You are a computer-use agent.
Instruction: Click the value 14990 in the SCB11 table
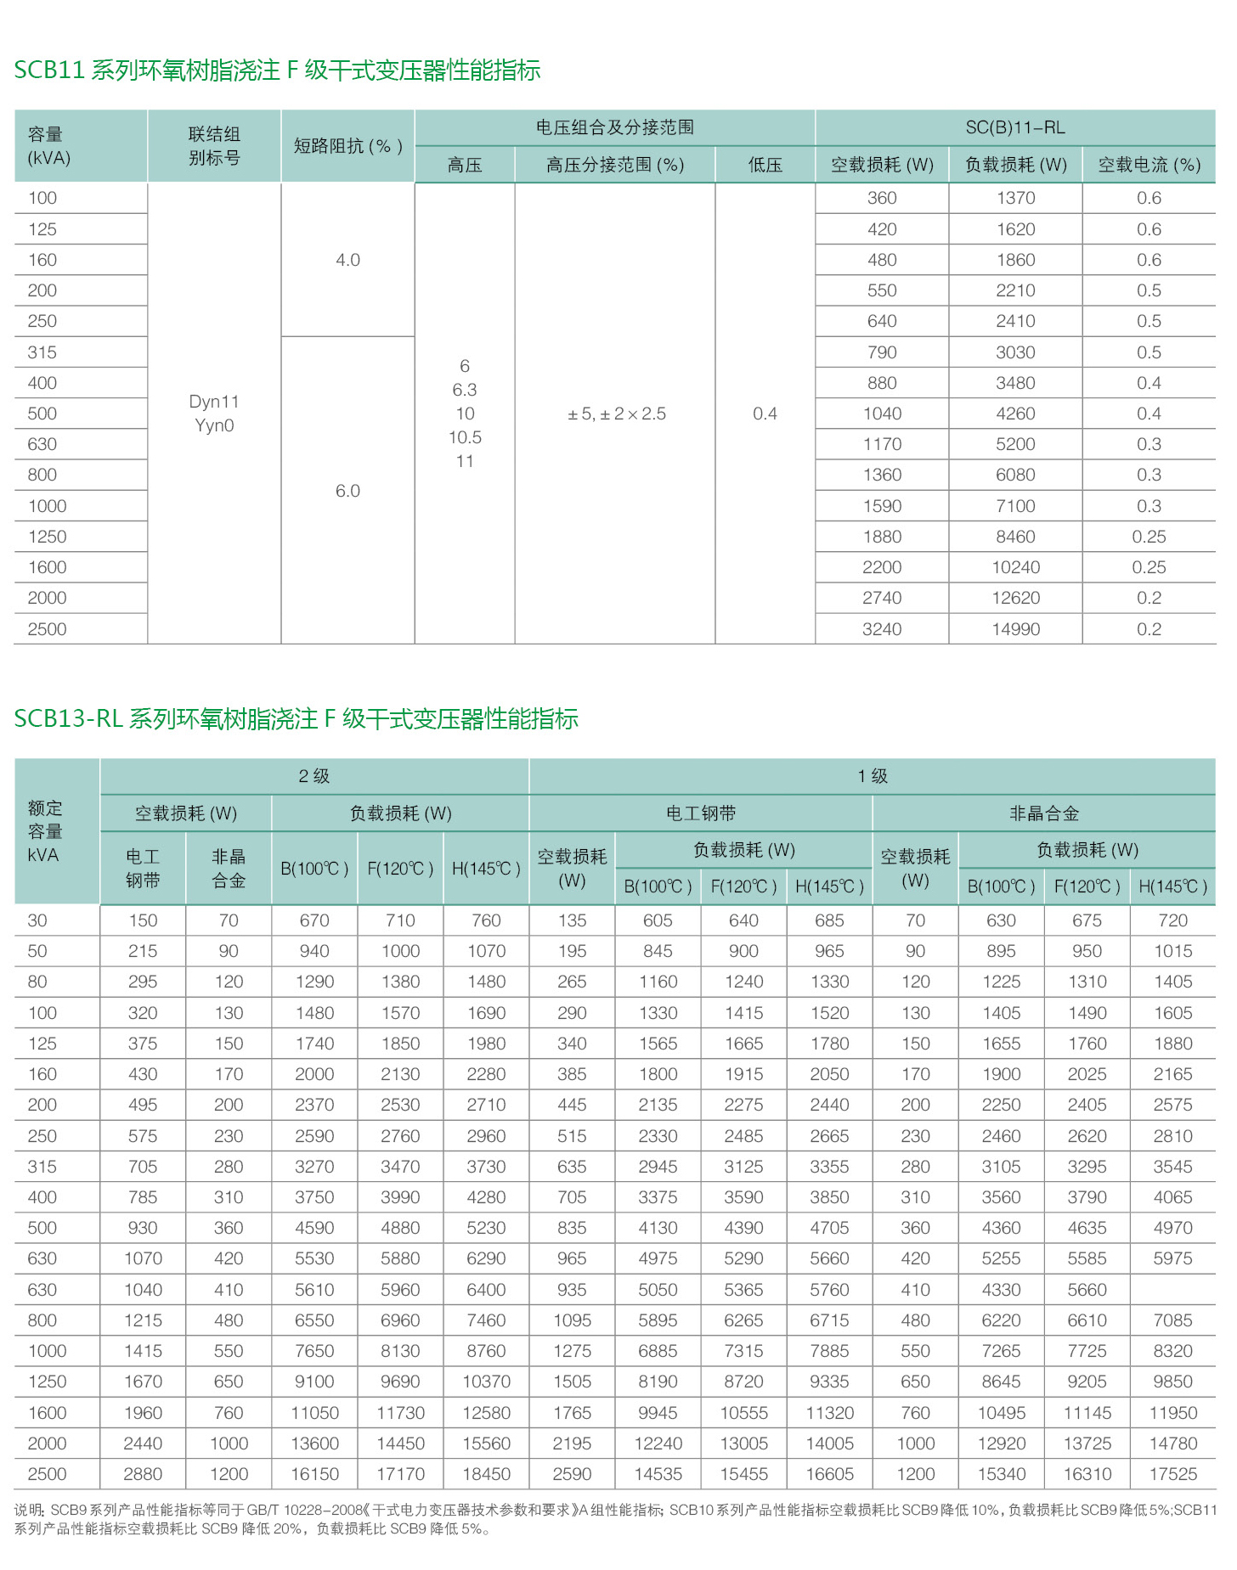[x=1015, y=629]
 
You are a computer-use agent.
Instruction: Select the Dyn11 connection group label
[x=214, y=402]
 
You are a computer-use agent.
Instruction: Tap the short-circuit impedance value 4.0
[x=347, y=260]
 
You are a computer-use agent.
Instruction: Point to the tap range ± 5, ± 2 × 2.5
[x=617, y=414]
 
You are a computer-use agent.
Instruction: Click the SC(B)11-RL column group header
[x=1014, y=128]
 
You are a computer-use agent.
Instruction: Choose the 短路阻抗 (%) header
[x=347, y=146]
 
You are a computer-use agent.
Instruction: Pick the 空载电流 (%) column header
[x=1149, y=165]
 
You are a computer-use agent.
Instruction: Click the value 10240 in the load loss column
[x=1015, y=567]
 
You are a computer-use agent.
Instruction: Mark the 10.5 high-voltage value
[x=465, y=438]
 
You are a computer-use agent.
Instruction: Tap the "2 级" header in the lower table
[x=313, y=776]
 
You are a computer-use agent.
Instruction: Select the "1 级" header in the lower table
[x=872, y=776]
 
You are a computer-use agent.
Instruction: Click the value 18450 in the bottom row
[x=486, y=1475]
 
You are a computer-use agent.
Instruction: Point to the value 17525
[x=1172, y=1475]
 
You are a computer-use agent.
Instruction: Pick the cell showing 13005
[x=743, y=1443]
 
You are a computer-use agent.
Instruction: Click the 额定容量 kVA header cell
[x=45, y=831]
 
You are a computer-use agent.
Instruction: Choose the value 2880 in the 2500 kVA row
[x=143, y=1475]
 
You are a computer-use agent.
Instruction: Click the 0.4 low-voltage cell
[x=765, y=414]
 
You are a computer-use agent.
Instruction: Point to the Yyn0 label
[x=214, y=425]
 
